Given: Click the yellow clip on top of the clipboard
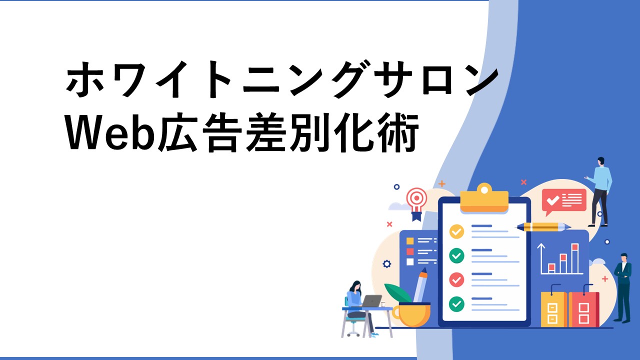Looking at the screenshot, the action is pos(484,198).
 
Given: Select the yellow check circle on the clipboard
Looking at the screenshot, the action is pos(456,231).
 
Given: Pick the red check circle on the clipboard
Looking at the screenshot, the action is pos(456,279).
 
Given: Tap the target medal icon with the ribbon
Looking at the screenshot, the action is pos(417,203).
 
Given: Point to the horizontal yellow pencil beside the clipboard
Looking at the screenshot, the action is pos(543,227).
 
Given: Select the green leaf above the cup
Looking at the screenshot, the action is pos(397,293).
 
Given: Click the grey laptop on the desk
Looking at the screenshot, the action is pos(371,301).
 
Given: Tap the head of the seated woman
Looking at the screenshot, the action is pos(356,286).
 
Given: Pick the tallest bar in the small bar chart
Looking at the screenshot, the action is pos(575,258).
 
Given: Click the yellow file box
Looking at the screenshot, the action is pos(553,309).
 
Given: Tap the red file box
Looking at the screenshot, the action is pos(583,309).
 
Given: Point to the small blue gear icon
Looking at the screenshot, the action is pos(387,263).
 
